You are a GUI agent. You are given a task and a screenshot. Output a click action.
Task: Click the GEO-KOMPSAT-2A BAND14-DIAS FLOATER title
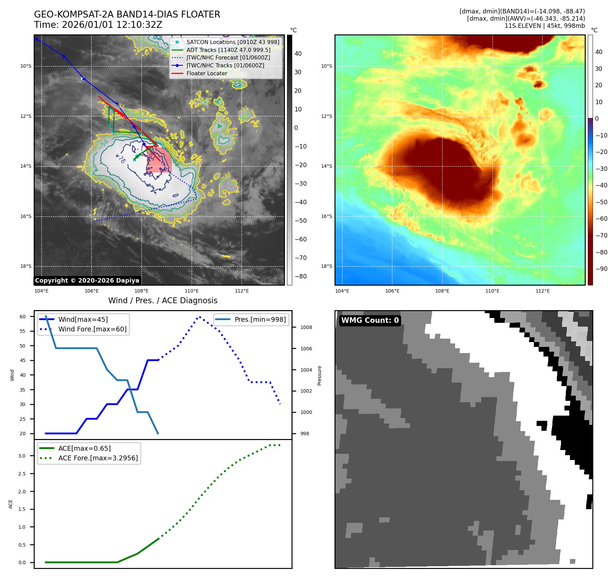pyautogui.click(x=127, y=14)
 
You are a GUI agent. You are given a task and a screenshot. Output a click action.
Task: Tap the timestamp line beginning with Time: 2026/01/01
pyautogui.click(x=98, y=25)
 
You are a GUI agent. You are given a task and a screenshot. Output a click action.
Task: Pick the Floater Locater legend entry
pyautogui.click(x=207, y=73)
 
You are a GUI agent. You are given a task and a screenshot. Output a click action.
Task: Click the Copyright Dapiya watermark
pyautogui.click(x=87, y=281)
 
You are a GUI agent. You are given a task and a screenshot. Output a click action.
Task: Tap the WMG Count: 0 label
pyautogui.click(x=370, y=320)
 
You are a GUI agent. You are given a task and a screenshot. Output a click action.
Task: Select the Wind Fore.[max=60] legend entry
pyautogui.click(x=92, y=329)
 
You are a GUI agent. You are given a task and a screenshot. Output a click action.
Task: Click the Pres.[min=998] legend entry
pyautogui.click(x=260, y=319)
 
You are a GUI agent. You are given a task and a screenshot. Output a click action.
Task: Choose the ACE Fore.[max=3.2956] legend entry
pyautogui.click(x=98, y=458)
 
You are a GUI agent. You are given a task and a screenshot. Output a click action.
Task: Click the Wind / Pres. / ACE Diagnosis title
pyautogui.click(x=163, y=300)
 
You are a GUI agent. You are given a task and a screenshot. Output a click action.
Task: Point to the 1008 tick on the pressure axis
pyautogui.click(x=306, y=327)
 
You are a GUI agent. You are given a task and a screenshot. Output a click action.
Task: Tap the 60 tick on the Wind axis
pyautogui.click(x=23, y=317)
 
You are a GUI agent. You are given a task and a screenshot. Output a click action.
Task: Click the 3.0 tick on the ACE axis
pyautogui.click(x=22, y=456)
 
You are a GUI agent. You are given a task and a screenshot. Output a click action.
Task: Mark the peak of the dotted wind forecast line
pyautogui.click(x=200, y=317)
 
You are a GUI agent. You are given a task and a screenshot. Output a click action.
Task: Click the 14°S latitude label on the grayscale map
pyautogui.click(x=26, y=166)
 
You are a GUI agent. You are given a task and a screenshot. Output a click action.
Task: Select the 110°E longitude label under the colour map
pyautogui.click(x=492, y=291)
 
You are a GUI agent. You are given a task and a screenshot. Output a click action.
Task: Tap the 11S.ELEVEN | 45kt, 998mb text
pyautogui.click(x=544, y=26)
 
